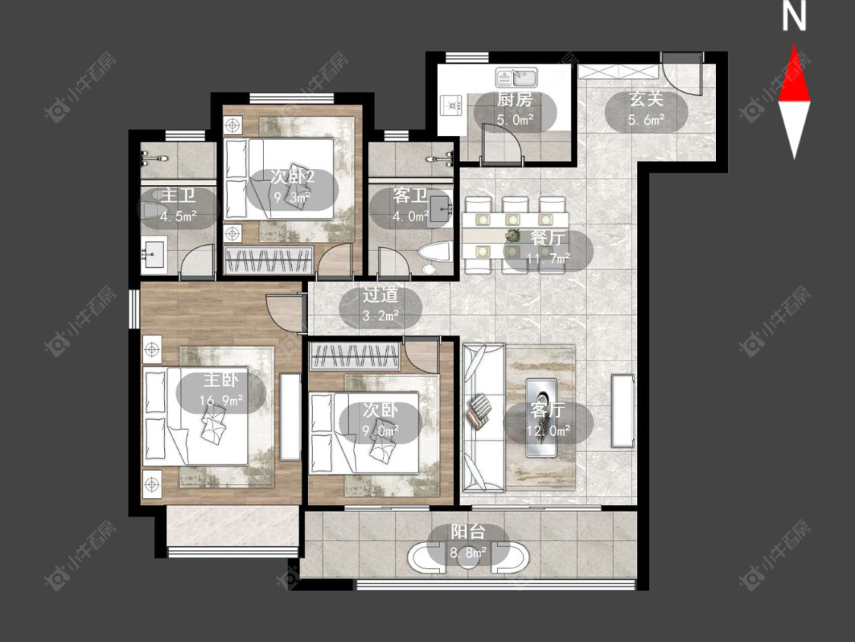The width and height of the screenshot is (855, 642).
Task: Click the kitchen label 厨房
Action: coord(515,100)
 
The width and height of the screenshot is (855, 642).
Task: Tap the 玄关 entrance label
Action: coord(646,100)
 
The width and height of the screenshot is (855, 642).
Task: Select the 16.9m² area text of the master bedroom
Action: coord(221,402)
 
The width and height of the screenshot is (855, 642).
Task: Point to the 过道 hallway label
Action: coord(381,295)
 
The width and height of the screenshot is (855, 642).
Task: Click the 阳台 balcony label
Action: coord(468,532)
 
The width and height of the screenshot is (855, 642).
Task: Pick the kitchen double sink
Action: coord(516,77)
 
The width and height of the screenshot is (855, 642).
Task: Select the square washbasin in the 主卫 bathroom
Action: coord(154,254)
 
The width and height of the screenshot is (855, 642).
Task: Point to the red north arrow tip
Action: coord(794,45)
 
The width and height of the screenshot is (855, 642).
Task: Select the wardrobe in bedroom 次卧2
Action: coord(269,260)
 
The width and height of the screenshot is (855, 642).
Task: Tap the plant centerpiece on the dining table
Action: coord(512,236)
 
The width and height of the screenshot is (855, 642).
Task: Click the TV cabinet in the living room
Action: coord(622,411)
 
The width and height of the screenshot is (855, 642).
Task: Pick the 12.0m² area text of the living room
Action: coord(549,431)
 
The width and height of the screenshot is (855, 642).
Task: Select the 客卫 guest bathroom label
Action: coord(410,195)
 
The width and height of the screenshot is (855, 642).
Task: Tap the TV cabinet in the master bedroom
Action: coord(290,417)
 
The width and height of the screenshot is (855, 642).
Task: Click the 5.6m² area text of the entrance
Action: coord(646,119)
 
